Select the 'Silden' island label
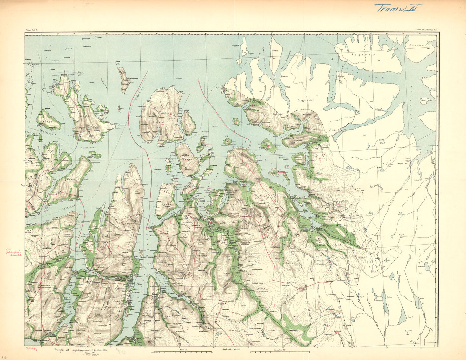point(275,51)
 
